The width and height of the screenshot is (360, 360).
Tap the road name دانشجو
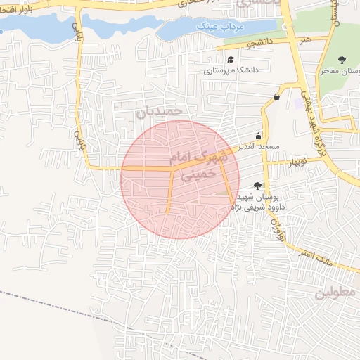coord(259,44)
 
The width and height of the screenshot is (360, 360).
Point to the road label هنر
coord(305,40)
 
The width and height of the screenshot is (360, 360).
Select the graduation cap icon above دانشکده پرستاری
coord(231,59)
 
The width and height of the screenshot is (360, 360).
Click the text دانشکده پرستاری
coord(232,70)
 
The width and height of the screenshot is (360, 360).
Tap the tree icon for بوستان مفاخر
coord(342,59)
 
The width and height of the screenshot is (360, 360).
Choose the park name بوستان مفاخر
coord(340,70)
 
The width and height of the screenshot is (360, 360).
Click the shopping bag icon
coord(276,96)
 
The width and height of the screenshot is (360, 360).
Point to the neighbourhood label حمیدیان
coord(160,110)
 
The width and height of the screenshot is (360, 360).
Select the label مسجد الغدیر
coord(259,146)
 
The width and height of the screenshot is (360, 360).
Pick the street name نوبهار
coord(296,163)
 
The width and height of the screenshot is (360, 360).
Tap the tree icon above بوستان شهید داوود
coord(257,186)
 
